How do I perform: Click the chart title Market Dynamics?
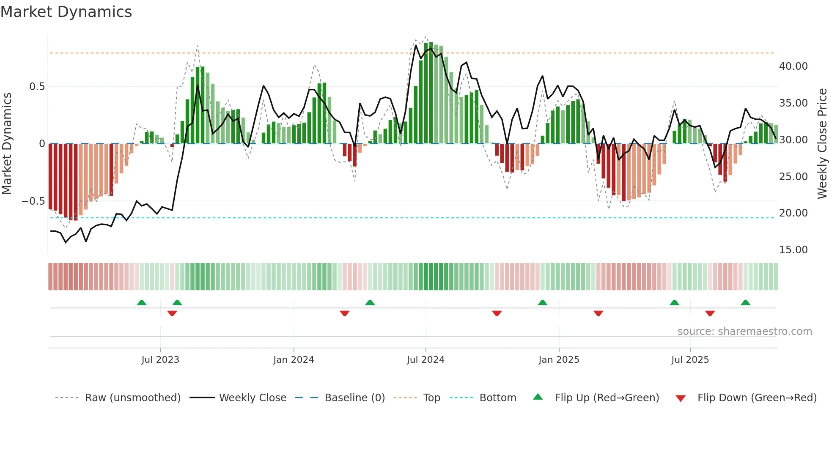coord(66,12)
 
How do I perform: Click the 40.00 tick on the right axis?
coord(793,66)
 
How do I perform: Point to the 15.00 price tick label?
coord(793,250)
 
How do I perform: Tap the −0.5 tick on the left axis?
coord(33,201)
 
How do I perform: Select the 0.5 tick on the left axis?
coord(37,87)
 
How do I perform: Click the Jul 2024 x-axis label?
coord(425,360)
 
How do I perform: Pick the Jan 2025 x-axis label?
coord(559,360)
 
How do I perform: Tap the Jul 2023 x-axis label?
coord(160,360)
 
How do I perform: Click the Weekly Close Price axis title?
coord(822,143)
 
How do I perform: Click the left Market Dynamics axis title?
coord(7,143)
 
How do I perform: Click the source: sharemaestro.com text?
coord(744,332)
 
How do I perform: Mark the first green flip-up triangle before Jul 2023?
coord(142,303)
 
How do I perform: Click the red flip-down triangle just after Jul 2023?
coord(172,313)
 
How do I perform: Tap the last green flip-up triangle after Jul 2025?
coord(745,303)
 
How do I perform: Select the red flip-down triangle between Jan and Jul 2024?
coord(345,313)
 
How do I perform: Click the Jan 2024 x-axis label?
coord(294,360)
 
